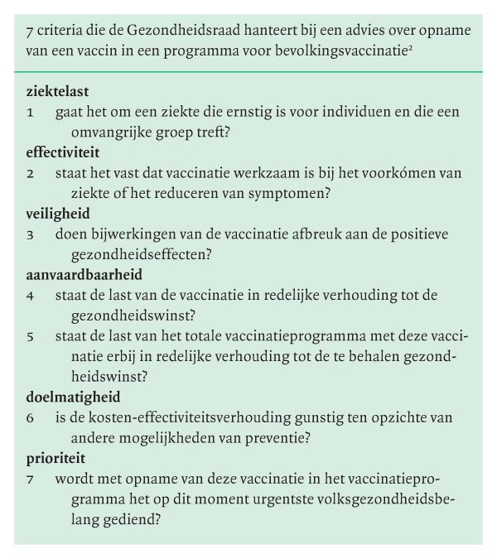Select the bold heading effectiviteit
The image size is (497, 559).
(x=63, y=153)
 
